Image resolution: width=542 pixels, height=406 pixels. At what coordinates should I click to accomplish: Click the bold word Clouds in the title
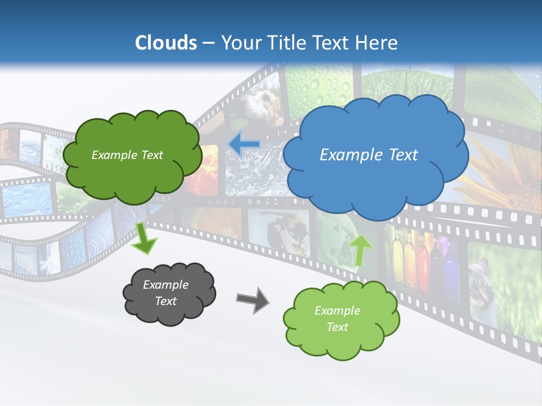point(166,43)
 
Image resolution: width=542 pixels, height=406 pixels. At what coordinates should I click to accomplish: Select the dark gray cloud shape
point(169,313)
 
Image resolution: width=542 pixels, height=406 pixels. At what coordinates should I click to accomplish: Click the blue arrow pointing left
point(244,145)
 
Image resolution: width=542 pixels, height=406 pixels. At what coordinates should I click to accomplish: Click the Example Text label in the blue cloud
point(369,155)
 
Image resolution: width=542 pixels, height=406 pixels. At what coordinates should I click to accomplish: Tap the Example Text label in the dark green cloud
point(127,155)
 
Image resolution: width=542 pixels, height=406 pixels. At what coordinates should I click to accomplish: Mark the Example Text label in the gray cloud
point(165,293)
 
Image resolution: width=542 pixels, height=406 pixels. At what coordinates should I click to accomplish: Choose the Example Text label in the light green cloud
point(337,319)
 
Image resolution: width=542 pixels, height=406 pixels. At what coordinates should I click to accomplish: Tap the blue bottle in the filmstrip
point(449,271)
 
